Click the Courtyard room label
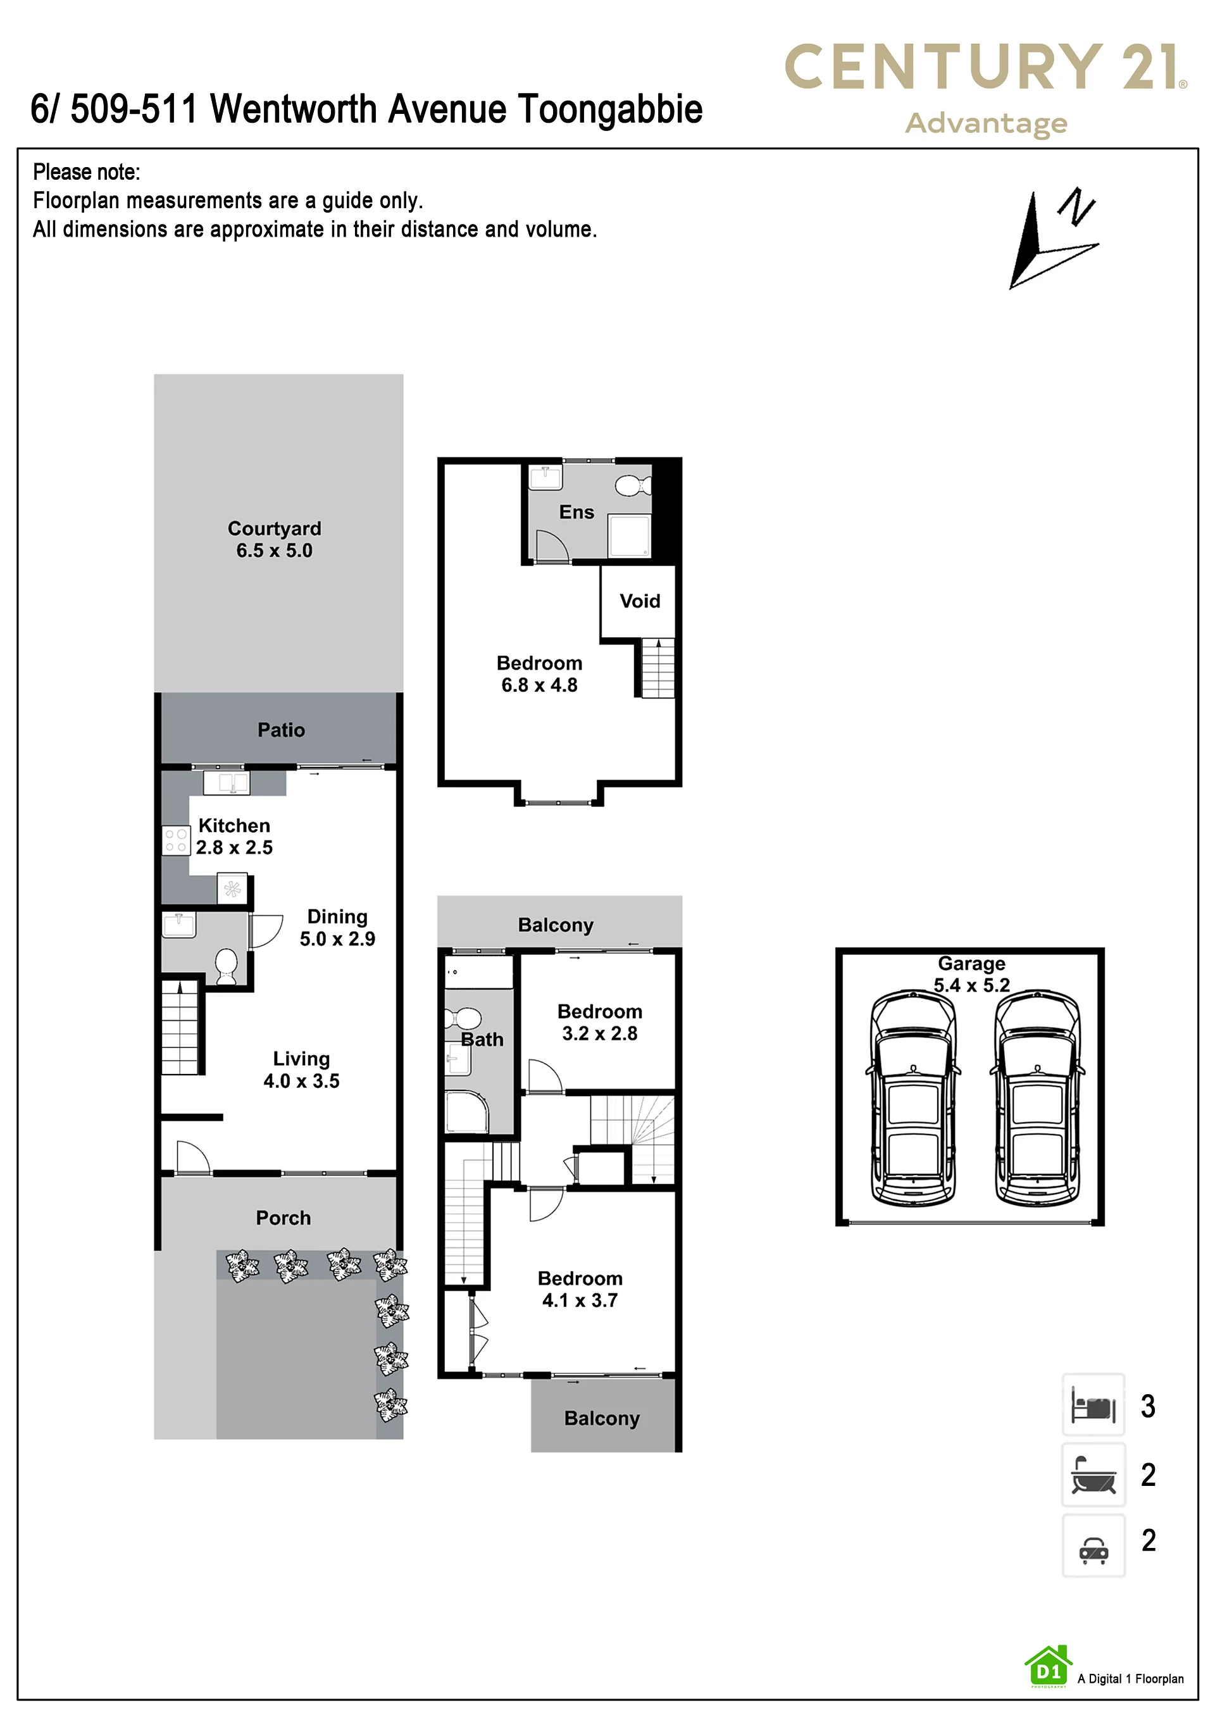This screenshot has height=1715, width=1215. (x=274, y=528)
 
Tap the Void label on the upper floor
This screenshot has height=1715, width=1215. (x=640, y=601)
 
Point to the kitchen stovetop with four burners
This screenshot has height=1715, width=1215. (x=176, y=840)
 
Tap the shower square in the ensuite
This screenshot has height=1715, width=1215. (x=629, y=536)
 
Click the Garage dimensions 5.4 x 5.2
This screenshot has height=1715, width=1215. (x=971, y=985)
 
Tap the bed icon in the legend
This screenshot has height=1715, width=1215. (x=1093, y=1404)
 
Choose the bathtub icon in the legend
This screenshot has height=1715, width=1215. (x=1093, y=1474)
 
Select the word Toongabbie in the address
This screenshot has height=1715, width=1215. (x=610, y=109)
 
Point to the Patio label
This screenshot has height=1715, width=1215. (x=282, y=730)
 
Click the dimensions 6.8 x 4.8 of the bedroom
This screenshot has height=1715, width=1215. (x=539, y=685)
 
